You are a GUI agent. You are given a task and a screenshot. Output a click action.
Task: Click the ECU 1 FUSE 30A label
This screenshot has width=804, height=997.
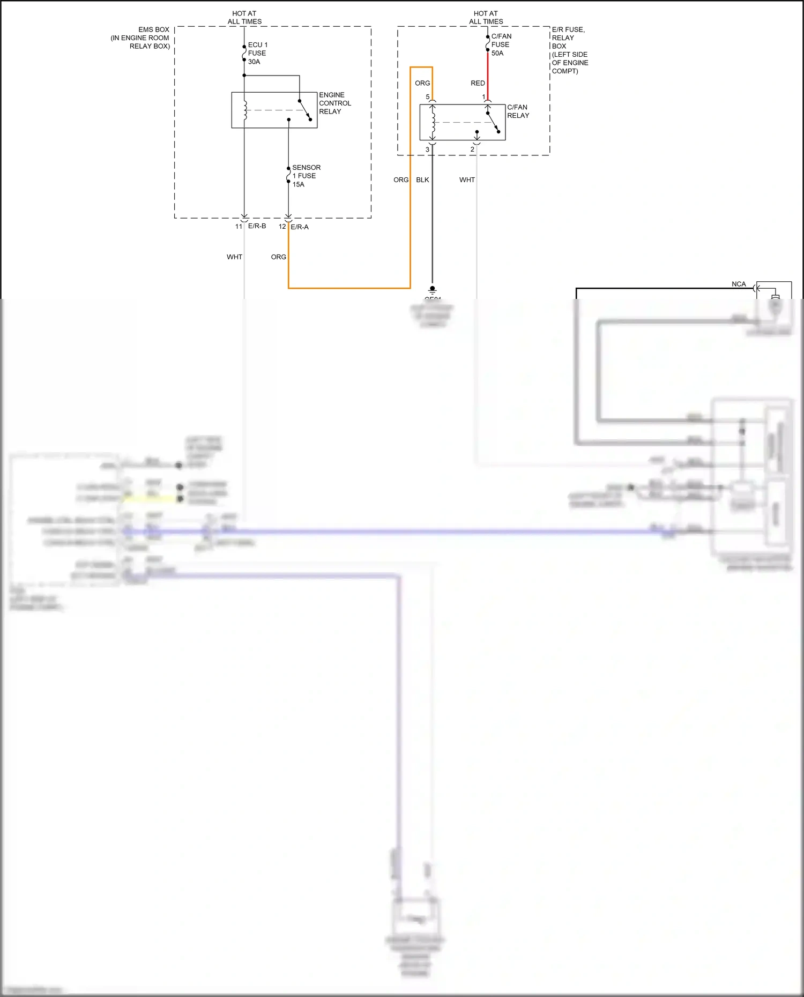[x=257, y=53]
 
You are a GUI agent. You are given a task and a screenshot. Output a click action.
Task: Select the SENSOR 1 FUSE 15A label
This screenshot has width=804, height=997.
[x=306, y=176]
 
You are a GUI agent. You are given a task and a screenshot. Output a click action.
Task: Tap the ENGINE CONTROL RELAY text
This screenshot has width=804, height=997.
[x=334, y=103]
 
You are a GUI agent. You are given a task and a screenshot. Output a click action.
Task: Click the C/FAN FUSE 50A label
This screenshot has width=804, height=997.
[x=501, y=44]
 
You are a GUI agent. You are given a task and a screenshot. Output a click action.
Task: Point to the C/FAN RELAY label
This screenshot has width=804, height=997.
[x=518, y=111]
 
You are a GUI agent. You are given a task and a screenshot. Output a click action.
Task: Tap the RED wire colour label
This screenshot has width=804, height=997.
[x=478, y=83]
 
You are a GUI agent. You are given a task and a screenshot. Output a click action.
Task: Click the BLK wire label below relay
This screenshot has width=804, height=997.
[x=422, y=180]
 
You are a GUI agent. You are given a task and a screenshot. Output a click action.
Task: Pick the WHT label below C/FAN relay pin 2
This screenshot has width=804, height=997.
[x=467, y=180]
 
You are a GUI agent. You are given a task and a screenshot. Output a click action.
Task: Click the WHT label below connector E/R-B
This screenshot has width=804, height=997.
[x=234, y=257]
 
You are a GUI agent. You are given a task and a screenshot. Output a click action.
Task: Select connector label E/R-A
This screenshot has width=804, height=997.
[x=300, y=227]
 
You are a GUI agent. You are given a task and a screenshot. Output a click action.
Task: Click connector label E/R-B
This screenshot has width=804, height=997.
[x=257, y=226]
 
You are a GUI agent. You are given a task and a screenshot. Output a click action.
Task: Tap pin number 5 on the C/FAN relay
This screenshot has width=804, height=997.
[x=428, y=97]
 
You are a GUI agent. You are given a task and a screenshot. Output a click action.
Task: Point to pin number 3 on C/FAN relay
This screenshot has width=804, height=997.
[x=427, y=149]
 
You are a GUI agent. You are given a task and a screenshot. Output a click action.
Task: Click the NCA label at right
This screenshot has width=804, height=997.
[x=739, y=284]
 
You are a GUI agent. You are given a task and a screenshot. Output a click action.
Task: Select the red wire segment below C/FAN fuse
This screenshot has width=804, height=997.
[x=488, y=75]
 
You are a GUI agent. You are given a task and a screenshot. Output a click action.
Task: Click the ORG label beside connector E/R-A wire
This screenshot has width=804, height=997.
[x=278, y=257]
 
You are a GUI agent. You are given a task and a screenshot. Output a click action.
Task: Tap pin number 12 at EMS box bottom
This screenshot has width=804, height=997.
[x=282, y=227]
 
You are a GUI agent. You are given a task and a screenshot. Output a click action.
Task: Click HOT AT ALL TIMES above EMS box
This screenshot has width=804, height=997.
[x=244, y=18]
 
